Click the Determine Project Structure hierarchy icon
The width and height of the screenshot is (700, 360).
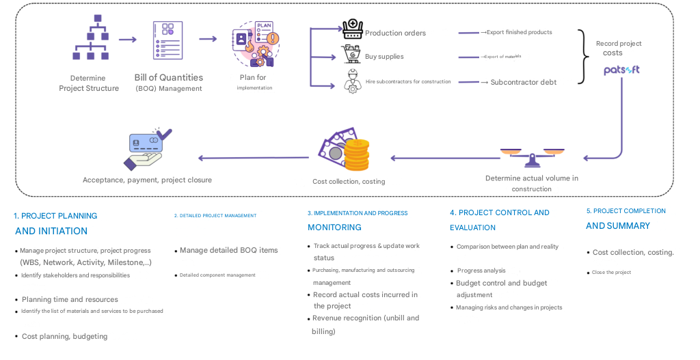click(x=91, y=40)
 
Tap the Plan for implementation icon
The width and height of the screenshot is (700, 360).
click(x=256, y=44)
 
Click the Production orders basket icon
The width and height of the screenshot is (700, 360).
click(x=352, y=29)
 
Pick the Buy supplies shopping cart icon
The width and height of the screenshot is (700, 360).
click(x=351, y=55)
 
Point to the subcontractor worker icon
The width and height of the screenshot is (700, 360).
click(x=352, y=80)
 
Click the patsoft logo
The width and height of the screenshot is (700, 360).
click(x=621, y=70)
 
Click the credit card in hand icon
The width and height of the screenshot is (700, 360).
click(x=147, y=148)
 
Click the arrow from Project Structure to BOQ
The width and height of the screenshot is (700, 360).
click(x=128, y=40)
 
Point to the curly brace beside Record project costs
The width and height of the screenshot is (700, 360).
click(x=582, y=57)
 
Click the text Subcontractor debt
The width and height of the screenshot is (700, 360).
click(x=523, y=83)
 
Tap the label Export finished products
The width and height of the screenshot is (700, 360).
click(x=519, y=32)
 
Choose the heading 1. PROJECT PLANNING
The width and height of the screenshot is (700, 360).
click(x=55, y=216)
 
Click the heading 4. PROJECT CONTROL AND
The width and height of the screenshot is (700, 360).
click(x=499, y=212)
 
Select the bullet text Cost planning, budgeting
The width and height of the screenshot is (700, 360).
click(x=64, y=336)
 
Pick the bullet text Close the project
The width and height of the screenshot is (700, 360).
click(x=611, y=273)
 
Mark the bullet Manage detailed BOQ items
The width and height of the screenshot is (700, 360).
click(x=228, y=250)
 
